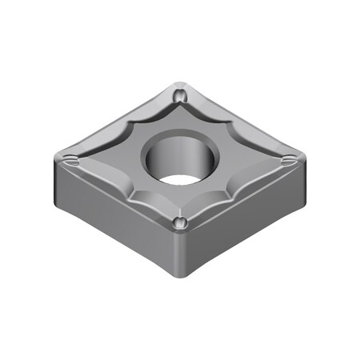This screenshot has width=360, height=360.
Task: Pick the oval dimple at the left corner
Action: [x=73, y=159]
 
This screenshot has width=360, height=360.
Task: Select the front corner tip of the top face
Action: [x=178, y=233]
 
